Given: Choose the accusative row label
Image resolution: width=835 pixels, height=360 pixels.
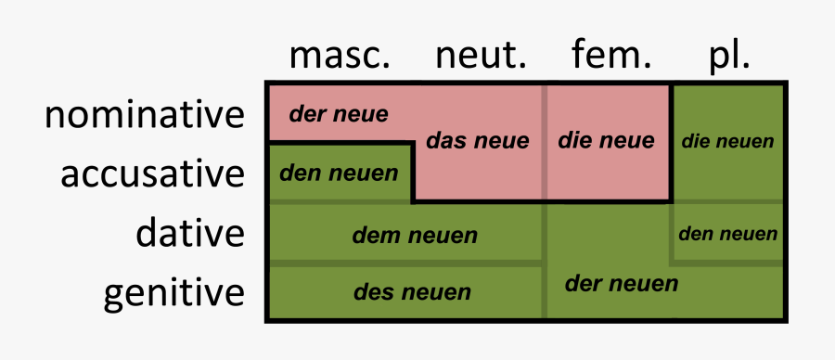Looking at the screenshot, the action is (153, 174).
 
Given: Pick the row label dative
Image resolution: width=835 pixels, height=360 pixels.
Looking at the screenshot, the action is (190, 233).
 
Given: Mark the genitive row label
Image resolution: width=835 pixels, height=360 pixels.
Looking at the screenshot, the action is (174, 293).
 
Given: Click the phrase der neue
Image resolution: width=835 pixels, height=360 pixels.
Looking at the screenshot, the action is (339, 114).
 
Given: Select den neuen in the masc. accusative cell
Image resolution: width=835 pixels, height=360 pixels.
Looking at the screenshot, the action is (339, 173).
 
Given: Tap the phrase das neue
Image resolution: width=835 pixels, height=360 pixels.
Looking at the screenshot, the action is (477, 141).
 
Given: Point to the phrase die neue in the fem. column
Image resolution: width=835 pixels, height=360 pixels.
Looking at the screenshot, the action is (606, 141).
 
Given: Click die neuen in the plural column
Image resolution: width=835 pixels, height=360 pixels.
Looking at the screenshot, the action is (727, 142).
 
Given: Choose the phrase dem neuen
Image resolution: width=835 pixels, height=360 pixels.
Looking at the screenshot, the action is (415, 236).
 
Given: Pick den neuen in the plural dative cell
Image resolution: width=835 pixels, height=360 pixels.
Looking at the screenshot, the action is (727, 234).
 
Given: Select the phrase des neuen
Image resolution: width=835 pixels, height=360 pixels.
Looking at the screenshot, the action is (412, 293).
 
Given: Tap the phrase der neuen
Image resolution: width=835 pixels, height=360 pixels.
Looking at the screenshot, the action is (622, 283).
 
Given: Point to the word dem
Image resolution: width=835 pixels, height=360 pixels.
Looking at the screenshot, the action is (373, 236).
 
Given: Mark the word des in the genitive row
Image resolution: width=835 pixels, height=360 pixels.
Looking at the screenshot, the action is (371, 293).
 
